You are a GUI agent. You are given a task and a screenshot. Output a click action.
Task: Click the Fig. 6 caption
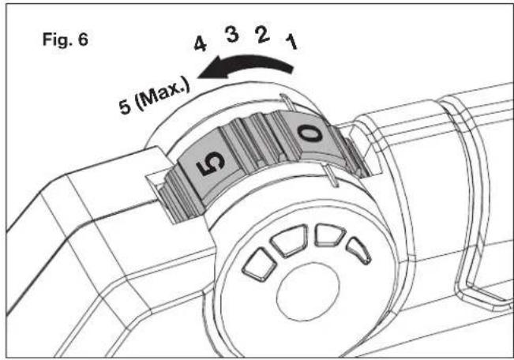click(x=66, y=40)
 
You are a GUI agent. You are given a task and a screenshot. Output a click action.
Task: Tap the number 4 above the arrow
click(x=201, y=44)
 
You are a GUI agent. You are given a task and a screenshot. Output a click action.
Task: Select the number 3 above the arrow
click(x=232, y=35)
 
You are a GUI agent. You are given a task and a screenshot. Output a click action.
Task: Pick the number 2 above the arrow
click(x=262, y=35)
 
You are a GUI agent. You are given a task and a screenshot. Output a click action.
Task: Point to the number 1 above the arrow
click(x=291, y=43)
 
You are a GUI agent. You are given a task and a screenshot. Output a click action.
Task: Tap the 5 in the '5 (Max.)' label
click(x=125, y=107)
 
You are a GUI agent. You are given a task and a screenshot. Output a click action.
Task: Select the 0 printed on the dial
click(x=310, y=133)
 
